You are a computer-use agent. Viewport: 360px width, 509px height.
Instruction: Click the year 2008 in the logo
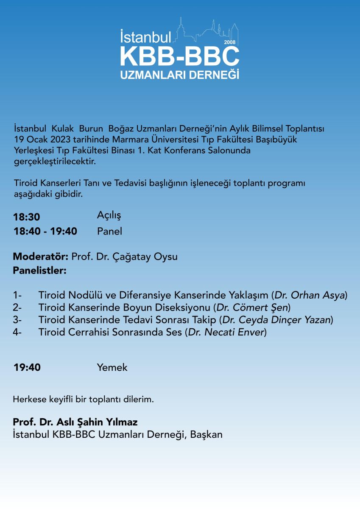[230, 42]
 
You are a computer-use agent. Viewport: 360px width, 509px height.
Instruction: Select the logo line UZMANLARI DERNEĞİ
[180, 75]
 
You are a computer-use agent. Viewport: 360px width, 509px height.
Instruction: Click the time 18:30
[27, 217]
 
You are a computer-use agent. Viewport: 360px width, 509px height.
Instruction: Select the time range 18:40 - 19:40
[45, 231]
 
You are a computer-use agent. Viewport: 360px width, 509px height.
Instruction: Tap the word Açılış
[109, 215]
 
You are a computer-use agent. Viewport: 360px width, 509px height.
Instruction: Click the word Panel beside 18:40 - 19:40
[109, 231]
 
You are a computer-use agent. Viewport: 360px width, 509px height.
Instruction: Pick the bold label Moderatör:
[41, 257]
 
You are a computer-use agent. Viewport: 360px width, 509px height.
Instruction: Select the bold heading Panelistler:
[40, 270]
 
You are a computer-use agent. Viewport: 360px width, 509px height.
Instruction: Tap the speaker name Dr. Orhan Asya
[310, 295]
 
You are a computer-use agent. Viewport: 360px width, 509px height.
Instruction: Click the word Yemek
[112, 367]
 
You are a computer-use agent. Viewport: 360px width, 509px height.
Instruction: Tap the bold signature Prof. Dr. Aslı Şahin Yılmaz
[75, 422]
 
